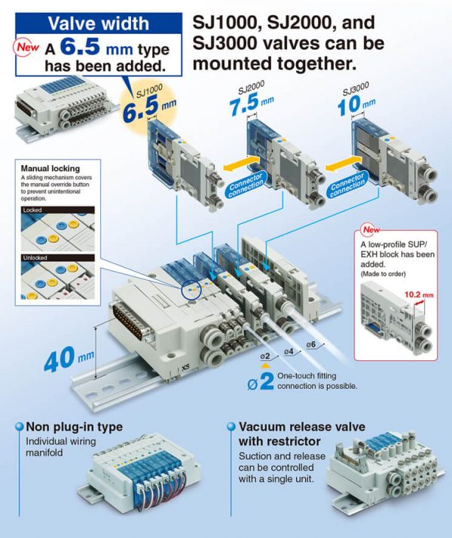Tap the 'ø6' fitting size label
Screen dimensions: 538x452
(x=311, y=345)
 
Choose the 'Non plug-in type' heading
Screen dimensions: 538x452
(x=74, y=427)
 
